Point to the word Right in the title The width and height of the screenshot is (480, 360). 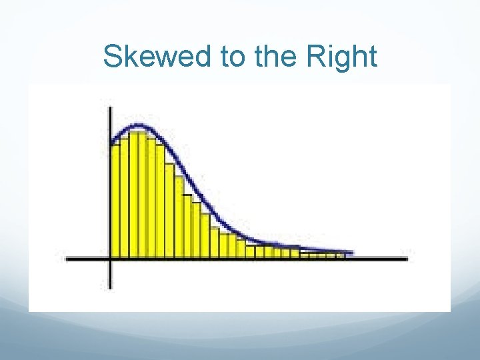(x=343, y=57)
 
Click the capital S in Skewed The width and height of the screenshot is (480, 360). (x=113, y=57)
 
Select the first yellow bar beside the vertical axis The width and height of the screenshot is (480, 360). (x=115, y=200)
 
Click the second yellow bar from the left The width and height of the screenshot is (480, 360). (x=124, y=197)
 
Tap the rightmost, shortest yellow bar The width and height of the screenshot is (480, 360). (x=339, y=255)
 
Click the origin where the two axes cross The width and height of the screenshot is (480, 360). (x=110, y=258)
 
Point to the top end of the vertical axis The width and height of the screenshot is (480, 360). (x=110, y=102)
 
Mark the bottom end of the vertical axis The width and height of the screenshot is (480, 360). (x=110, y=287)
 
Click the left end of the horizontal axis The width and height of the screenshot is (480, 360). (x=67, y=258)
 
